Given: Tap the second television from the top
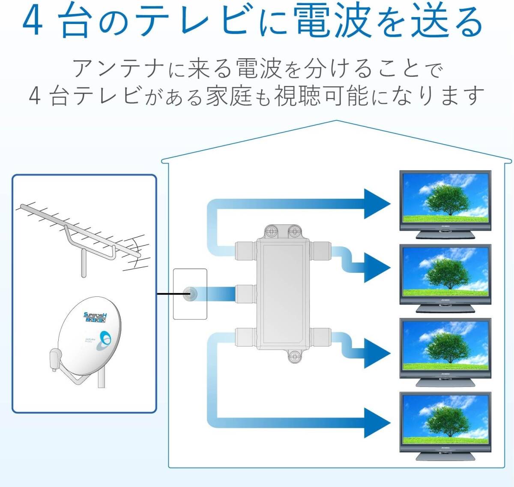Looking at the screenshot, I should [x=445, y=272].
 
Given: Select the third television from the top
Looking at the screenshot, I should [x=445, y=345].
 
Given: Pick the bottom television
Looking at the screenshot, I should [x=445, y=419].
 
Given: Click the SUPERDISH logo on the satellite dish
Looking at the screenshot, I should [x=95, y=317].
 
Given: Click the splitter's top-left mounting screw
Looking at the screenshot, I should [x=272, y=232].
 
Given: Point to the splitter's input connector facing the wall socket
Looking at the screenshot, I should [x=246, y=294].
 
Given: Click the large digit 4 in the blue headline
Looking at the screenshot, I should [x=33, y=21].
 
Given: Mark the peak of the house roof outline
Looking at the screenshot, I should [x=337, y=121].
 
